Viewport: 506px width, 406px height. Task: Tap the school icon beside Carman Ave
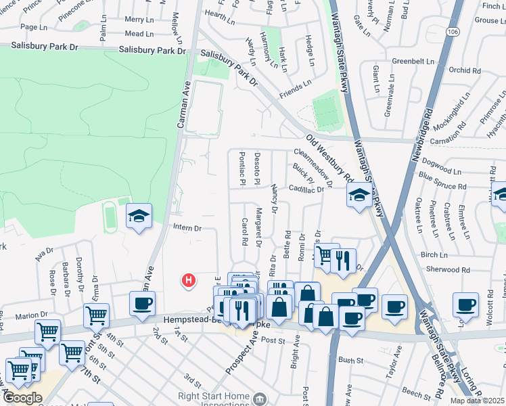coord(139,217)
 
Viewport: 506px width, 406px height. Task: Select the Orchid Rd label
coord(464,70)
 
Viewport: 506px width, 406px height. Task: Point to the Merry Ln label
coord(139,20)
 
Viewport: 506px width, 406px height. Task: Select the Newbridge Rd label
coord(420,139)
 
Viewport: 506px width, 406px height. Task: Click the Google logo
coord(22,398)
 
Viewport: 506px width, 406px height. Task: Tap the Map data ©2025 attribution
coord(477,401)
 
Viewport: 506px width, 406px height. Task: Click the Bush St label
coord(346,360)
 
